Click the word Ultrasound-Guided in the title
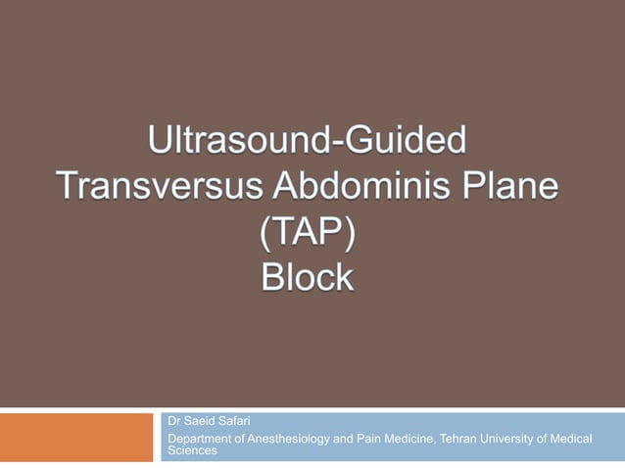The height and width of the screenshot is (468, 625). click(x=308, y=142)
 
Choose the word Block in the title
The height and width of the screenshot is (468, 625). click(x=308, y=278)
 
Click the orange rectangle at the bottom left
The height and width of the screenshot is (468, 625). click(x=77, y=437)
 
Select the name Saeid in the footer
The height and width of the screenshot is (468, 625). click(x=201, y=421)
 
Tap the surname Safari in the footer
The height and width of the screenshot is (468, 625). click(x=236, y=421)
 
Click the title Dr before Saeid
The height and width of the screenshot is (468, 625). click(x=175, y=421)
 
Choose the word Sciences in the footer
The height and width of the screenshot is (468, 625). click(x=192, y=451)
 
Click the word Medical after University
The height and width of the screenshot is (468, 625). click(x=572, y=439)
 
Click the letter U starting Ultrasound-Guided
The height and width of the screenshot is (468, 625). click(x=160, y=142)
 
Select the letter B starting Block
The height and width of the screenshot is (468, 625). click(x=272, y=278)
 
